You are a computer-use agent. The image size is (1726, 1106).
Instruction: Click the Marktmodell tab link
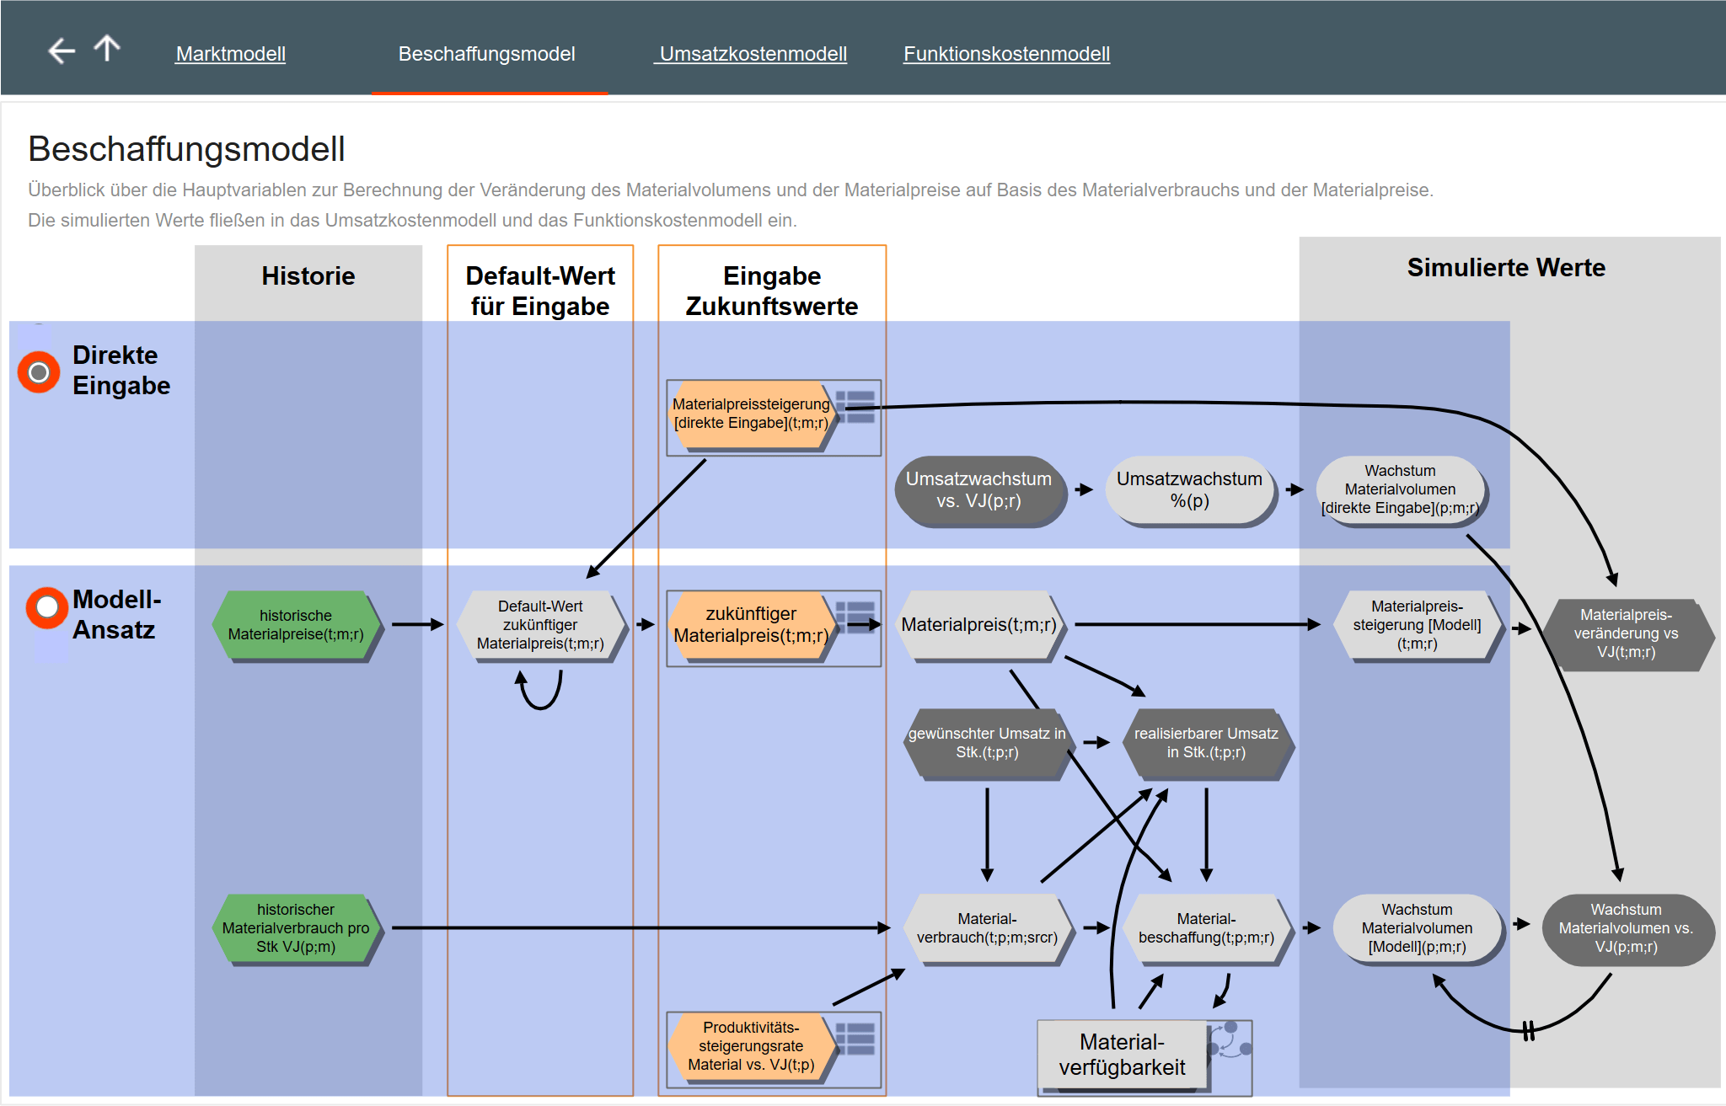[230, 54]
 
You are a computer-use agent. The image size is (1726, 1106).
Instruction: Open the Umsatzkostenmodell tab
[753, 54]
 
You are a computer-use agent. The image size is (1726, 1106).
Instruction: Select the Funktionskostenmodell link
[1006, 54]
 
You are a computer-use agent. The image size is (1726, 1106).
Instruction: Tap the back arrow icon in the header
[62, 51]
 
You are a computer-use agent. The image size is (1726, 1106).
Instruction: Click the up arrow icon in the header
[107, 48]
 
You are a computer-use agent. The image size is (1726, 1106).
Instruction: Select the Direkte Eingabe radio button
[39, 372]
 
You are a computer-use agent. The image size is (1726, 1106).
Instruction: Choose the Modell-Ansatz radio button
[47, 607]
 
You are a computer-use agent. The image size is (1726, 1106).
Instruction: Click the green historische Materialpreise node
[296, 625]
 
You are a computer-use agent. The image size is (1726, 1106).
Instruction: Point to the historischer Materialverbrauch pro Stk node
[296, 928]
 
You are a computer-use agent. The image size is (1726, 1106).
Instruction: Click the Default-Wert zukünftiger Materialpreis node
[540, 625]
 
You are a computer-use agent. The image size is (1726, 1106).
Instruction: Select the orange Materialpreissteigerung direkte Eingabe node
[751, 414]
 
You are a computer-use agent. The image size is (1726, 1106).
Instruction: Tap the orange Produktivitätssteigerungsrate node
[751, 1046]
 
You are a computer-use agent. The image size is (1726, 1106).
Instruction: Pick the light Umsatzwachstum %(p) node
[1189, 490]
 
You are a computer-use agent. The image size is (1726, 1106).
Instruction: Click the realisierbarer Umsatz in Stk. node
[1206, 743]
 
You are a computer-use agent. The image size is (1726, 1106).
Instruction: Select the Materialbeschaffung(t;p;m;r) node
[1206, 928]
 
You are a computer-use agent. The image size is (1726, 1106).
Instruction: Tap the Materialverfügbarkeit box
[1122, 1055]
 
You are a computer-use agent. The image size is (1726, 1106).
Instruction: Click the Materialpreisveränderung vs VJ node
[1627, 633]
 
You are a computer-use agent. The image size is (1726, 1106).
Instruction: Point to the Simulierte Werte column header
[1506, 268]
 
